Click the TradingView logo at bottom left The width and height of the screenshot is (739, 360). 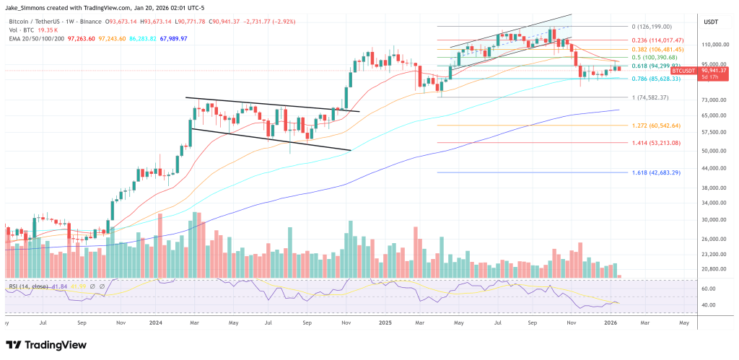(47, 345)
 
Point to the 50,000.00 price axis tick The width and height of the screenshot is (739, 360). (712, 151)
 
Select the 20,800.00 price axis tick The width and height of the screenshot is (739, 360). (712, 268)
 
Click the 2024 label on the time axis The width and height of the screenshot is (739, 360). (155, 322)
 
